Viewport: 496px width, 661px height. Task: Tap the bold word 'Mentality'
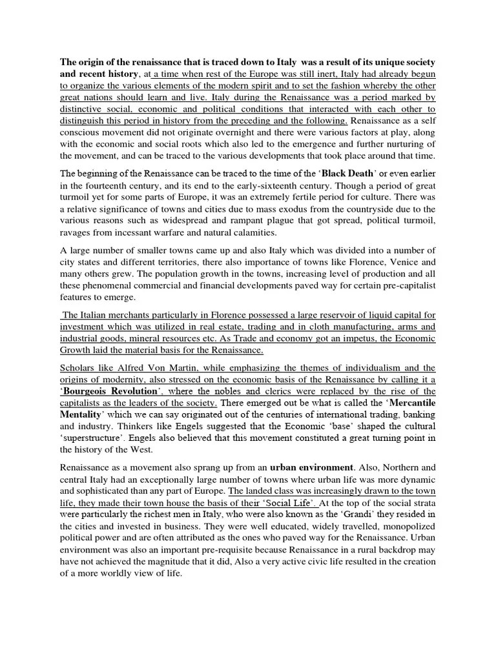coord(84,415)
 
